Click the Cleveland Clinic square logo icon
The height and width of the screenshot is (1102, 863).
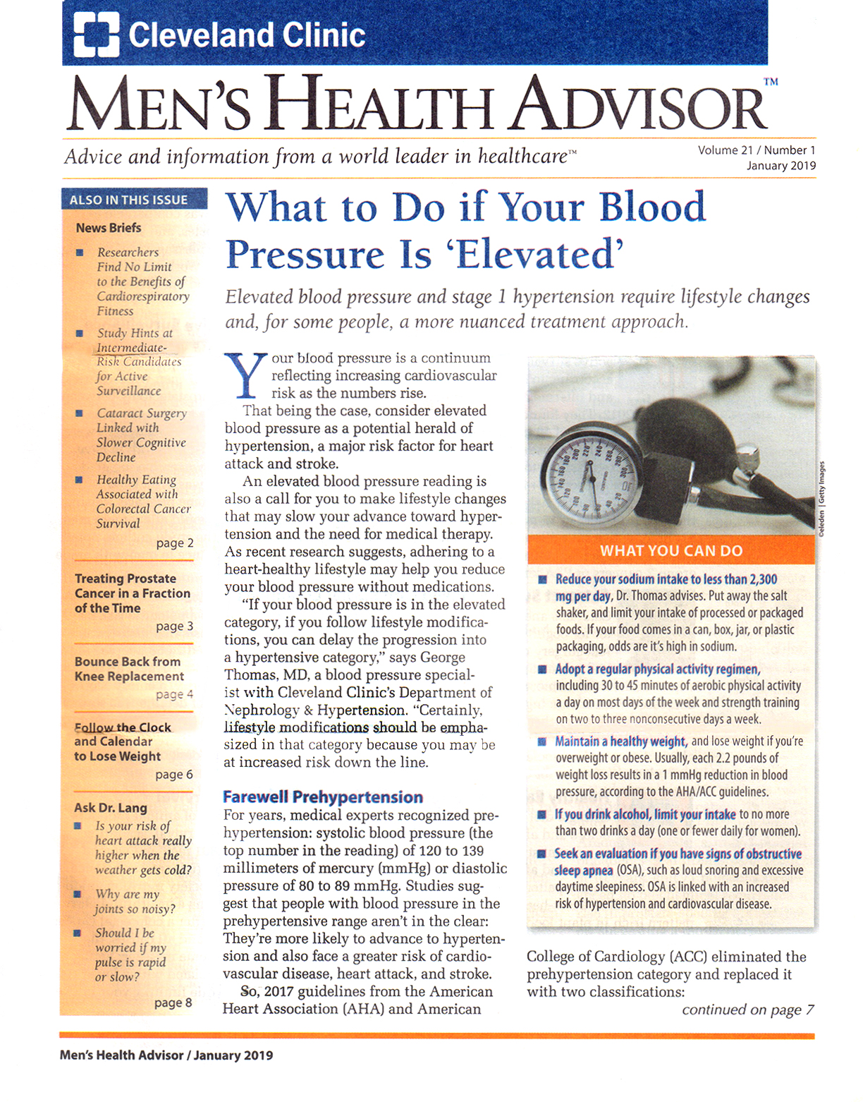96,35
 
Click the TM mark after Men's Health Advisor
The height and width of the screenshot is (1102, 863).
771,82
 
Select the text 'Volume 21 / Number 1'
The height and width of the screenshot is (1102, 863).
757,150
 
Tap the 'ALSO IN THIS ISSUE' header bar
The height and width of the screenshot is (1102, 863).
134,200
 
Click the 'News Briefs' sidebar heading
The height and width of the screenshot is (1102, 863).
109,228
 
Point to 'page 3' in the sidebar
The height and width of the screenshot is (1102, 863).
174,626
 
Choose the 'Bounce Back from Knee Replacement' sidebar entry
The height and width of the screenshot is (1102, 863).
129,669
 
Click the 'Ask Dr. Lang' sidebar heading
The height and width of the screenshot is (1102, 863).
111,808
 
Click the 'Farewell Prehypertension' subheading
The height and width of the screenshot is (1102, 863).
323,797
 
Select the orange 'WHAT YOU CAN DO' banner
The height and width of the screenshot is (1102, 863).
671,550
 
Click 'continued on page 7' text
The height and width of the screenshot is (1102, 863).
747,1010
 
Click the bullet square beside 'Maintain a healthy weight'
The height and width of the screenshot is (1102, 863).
541,741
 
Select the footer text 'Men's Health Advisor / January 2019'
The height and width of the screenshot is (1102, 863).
166,1055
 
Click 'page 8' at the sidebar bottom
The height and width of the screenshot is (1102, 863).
173,1003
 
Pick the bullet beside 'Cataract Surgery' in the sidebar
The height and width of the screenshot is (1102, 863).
80,413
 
